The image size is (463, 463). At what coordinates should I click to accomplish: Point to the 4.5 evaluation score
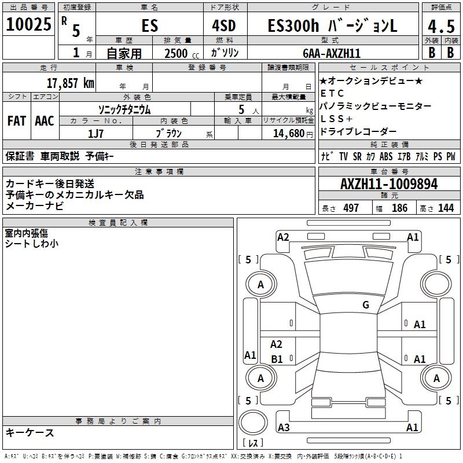click(x=440, y=27)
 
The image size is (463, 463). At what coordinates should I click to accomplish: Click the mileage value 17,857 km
click(x=69, y=83)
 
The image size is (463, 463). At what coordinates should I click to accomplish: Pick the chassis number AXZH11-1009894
click(x=389, y=184)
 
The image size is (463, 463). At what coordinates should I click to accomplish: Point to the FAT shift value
click(x=16, y=121)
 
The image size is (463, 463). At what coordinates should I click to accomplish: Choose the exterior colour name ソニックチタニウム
click(x=124, y=109)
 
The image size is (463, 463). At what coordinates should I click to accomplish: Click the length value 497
click(x=351, y=208)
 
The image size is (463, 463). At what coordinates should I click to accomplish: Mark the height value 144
click(x=446, y=208)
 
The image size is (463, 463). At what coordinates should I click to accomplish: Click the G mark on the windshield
click(x=366, y=305)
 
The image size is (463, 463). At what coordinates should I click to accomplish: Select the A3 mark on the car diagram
click(x=284, y=428)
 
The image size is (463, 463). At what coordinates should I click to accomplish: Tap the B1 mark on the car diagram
click(x=277, y=359)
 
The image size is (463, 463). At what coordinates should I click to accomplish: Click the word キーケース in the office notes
click(x=30, y=432)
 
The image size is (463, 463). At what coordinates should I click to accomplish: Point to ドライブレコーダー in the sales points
click(x=358, y=132)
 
